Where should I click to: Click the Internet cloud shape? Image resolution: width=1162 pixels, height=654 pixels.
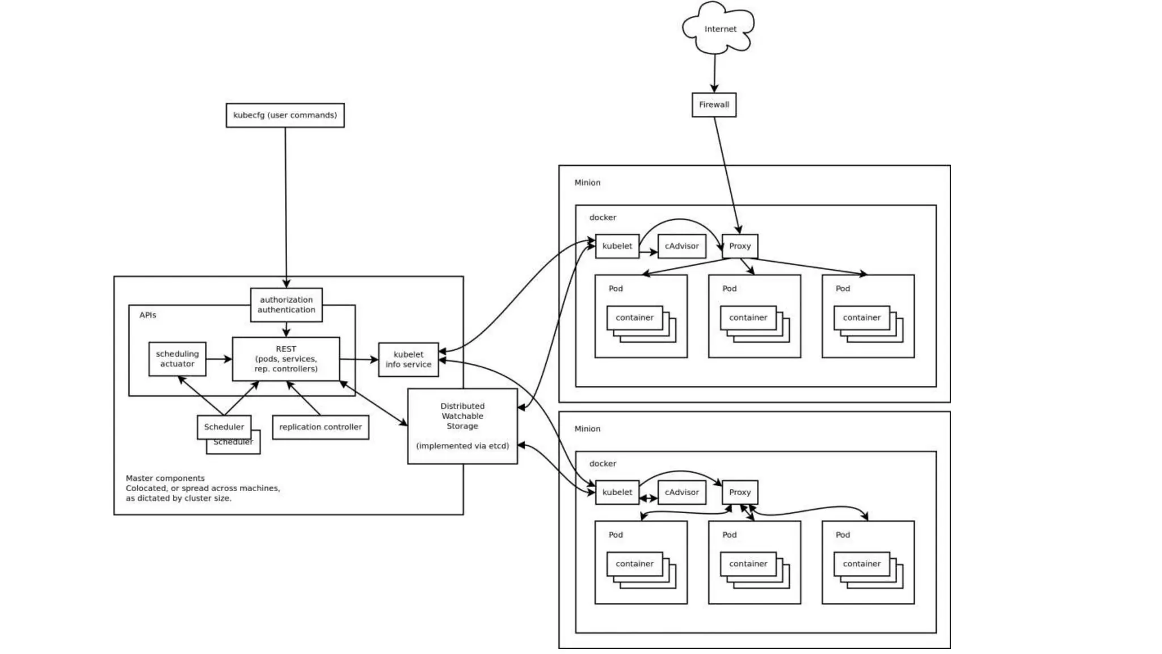719,28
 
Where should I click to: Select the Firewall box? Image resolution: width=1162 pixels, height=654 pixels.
714,105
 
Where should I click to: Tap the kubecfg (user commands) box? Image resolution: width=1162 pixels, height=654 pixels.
285,115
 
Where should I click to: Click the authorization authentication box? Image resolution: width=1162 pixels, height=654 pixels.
286,305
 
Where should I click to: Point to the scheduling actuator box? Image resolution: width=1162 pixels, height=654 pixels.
177,359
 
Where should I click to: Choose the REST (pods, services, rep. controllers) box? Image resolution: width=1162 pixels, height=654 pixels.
286,359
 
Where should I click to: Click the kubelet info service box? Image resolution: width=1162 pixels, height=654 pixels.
409,359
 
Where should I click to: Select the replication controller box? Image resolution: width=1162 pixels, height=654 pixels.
321,427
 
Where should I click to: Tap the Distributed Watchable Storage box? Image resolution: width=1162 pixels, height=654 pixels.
462,426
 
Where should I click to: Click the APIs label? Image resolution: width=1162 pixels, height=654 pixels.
148,315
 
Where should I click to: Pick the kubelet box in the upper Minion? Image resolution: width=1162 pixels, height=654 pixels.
617,246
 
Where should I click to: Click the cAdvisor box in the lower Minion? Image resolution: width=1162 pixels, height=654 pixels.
681,492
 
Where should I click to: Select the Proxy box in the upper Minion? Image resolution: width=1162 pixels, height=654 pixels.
740,246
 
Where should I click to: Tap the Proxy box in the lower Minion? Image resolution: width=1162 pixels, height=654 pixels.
740,492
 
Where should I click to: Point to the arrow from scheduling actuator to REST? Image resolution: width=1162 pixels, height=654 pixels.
219,359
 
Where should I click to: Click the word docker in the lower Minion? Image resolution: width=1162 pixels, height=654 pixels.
603,464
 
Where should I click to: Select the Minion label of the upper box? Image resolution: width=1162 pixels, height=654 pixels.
587,183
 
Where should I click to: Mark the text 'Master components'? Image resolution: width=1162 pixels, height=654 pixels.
165,479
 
